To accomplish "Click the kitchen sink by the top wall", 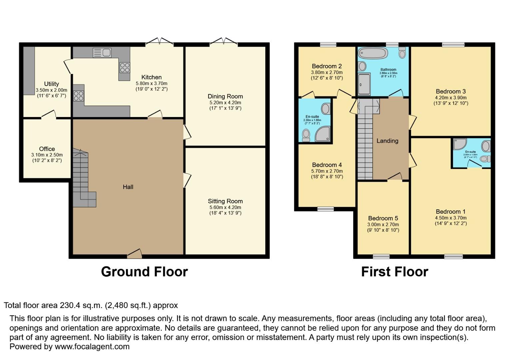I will point(102,53).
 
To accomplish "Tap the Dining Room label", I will point(225,96).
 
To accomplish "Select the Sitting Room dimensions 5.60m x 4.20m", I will point(225,207).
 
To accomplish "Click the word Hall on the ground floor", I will point(128,187).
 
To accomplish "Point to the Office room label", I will point(47,149).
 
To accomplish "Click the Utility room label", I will point(51,84).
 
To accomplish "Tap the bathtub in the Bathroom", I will point(372,53).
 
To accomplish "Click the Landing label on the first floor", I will point(387,141).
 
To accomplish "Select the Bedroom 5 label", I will point(383,218).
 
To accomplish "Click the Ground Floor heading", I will point(144,272).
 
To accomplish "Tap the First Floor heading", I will point(395,272).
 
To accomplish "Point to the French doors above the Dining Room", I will point(224,42).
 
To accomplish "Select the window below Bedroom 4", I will point(325,209).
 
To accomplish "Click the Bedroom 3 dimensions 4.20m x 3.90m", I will point(451,98).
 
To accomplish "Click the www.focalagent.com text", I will point(92,346).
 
